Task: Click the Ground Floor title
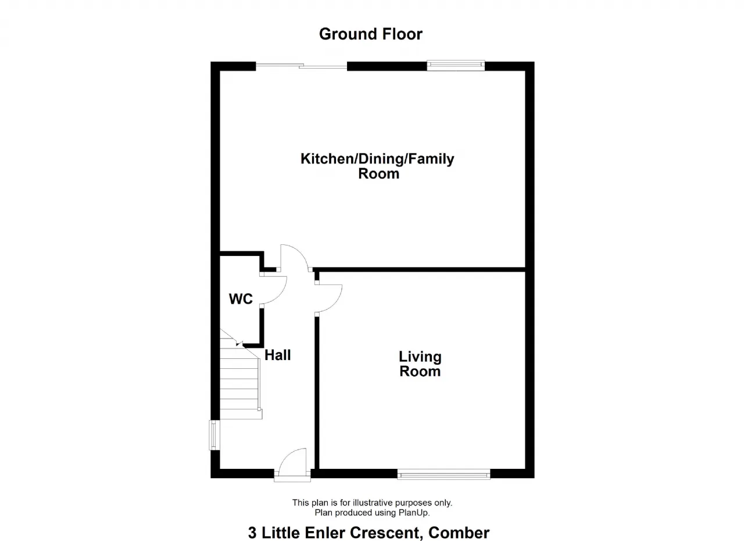coord(371,34)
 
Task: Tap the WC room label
coord(241,299)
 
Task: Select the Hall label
coord(278,355)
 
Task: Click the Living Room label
coord(420,364)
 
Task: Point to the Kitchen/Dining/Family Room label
coord(377,166)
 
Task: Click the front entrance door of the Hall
coord(292,464)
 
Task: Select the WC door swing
coord(273,290)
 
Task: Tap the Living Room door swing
coord(328,298)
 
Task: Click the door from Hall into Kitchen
coord(295,258)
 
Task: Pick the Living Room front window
coord(443,474)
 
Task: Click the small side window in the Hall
coord(214,435)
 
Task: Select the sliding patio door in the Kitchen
coord(301,66)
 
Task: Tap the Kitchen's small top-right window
coord(456,66)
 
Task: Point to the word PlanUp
coord(416,512)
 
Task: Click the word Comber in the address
coord(459,533)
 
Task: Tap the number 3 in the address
coord(252,533)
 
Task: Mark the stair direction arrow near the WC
coord(239,344)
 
